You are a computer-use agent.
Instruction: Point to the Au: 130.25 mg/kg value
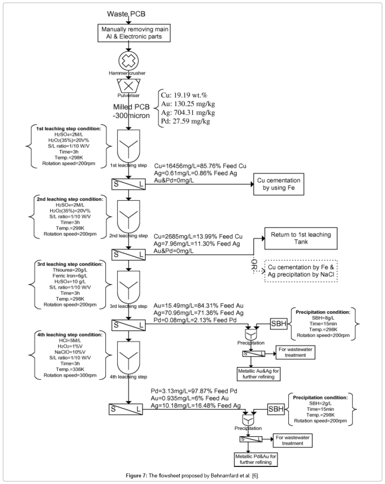click(187, 104)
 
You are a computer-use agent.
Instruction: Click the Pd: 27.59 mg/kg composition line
click(185, 122)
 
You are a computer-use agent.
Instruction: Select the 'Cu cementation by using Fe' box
click(278, 184)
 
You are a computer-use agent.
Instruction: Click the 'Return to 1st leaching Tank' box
click(301, 238)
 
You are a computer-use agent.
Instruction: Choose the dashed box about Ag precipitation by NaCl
click(301, 271)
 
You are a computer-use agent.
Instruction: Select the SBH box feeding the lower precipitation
click(276, 409)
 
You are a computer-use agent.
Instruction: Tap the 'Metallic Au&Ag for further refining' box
click(258, 374)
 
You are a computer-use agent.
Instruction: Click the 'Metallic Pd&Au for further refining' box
click(255, 460)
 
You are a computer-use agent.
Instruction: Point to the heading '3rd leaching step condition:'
click(70, 264)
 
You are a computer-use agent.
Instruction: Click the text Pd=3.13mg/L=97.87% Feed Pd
click(194, 391)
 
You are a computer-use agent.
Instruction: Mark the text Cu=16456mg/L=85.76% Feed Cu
click(200, 166)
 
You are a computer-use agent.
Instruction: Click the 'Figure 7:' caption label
click(136, 475)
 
